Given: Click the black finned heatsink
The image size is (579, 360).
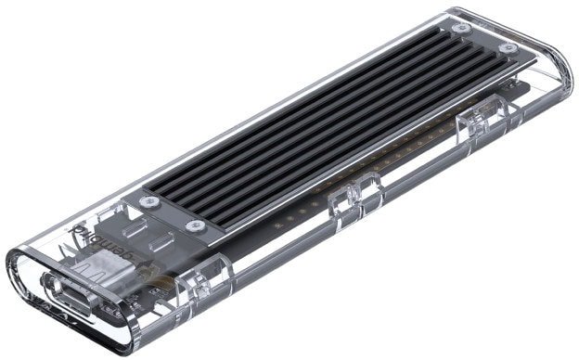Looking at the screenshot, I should pos(325,121).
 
